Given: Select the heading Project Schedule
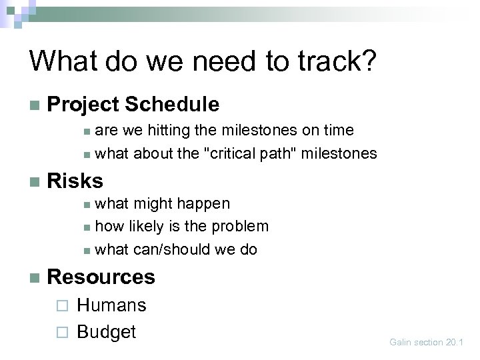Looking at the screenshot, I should click(133, 104).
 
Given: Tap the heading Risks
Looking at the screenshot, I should click(75, 180).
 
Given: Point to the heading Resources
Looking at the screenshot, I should click(101, 276).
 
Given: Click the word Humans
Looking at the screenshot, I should click(111, 305).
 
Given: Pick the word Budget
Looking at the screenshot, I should click(106, 331).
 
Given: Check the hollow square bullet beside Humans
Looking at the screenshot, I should click(62, 306).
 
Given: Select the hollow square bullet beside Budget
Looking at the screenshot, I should click(62, 332).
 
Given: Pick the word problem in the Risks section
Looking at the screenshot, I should click(239, 226).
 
